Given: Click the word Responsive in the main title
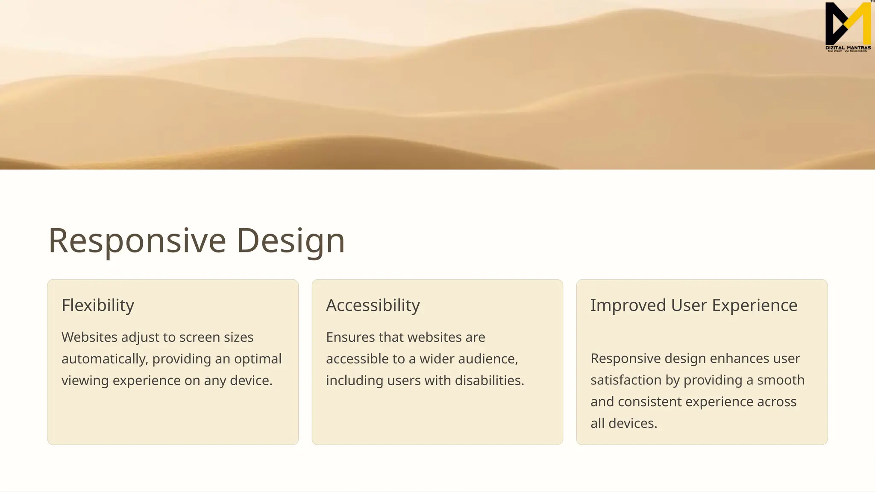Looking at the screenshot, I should coord(137,241).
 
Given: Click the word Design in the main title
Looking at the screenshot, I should coord(291,241).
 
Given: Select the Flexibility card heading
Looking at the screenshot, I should coord(98,305).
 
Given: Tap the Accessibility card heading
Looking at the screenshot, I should coord(373,305).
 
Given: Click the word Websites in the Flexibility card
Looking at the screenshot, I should coord(89,337).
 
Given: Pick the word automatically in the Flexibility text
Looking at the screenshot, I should coord(105,359).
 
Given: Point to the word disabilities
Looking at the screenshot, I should coord(489,380).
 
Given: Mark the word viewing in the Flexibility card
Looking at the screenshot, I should coord(85,381).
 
